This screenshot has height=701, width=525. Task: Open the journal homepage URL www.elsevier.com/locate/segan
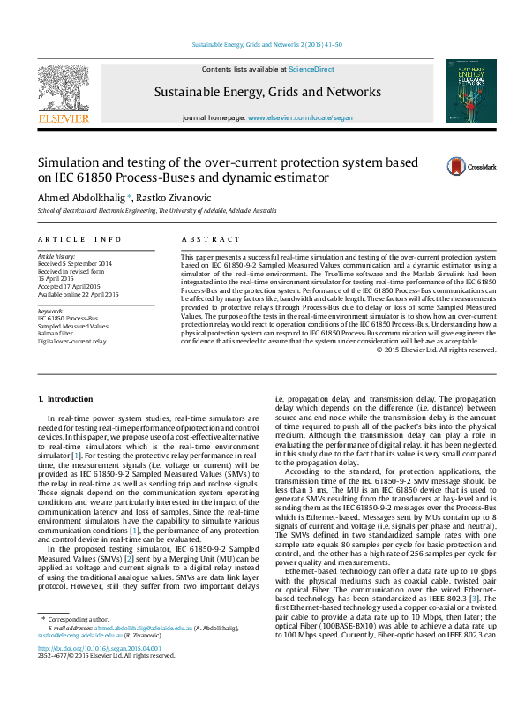300,117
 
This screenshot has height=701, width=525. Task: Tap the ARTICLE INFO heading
79,239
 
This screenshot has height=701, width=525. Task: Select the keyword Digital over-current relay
72,341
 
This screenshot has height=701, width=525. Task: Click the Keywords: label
51,312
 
